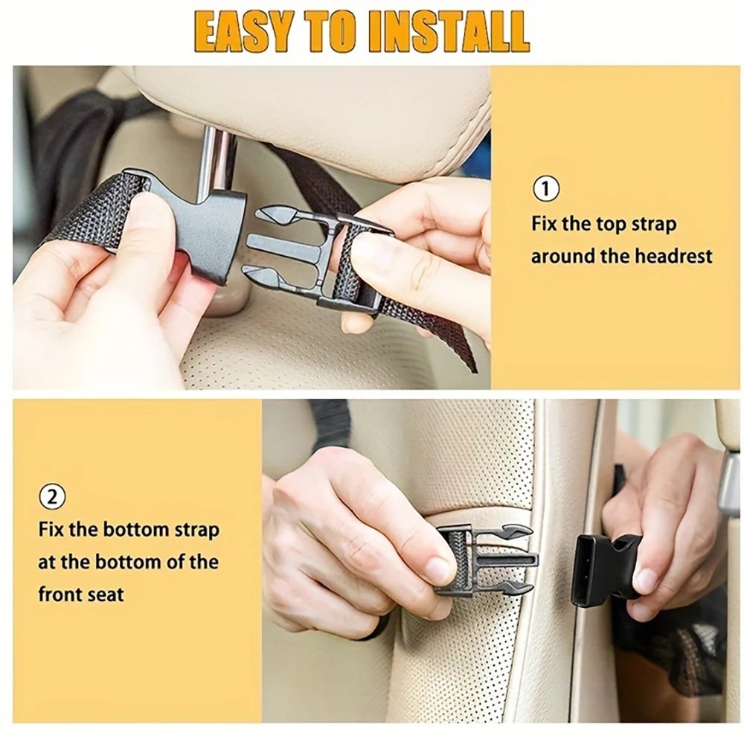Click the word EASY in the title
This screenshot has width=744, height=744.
(246, 31)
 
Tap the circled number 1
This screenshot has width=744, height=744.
(547, 189)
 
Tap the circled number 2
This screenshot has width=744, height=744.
(52, 496)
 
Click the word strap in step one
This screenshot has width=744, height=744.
(652, 224)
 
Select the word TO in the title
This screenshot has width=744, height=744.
(342, 31)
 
